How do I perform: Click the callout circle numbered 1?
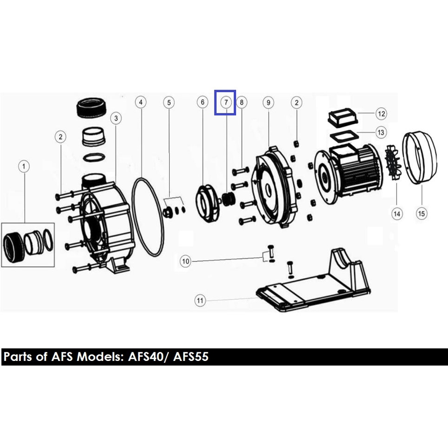24,166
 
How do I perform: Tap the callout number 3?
116,118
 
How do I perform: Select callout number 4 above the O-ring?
140,102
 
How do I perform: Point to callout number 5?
169,103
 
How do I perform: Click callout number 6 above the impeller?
203,102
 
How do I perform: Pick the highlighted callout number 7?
226,102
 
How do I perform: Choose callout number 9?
268,102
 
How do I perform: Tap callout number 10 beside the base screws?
186,261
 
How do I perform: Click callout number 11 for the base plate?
200,301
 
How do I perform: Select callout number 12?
381,113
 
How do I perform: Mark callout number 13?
381,132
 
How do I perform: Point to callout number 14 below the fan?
397,214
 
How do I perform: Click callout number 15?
422,214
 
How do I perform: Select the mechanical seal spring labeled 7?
228,199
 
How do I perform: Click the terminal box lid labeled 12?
342,117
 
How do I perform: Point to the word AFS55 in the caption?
191,357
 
